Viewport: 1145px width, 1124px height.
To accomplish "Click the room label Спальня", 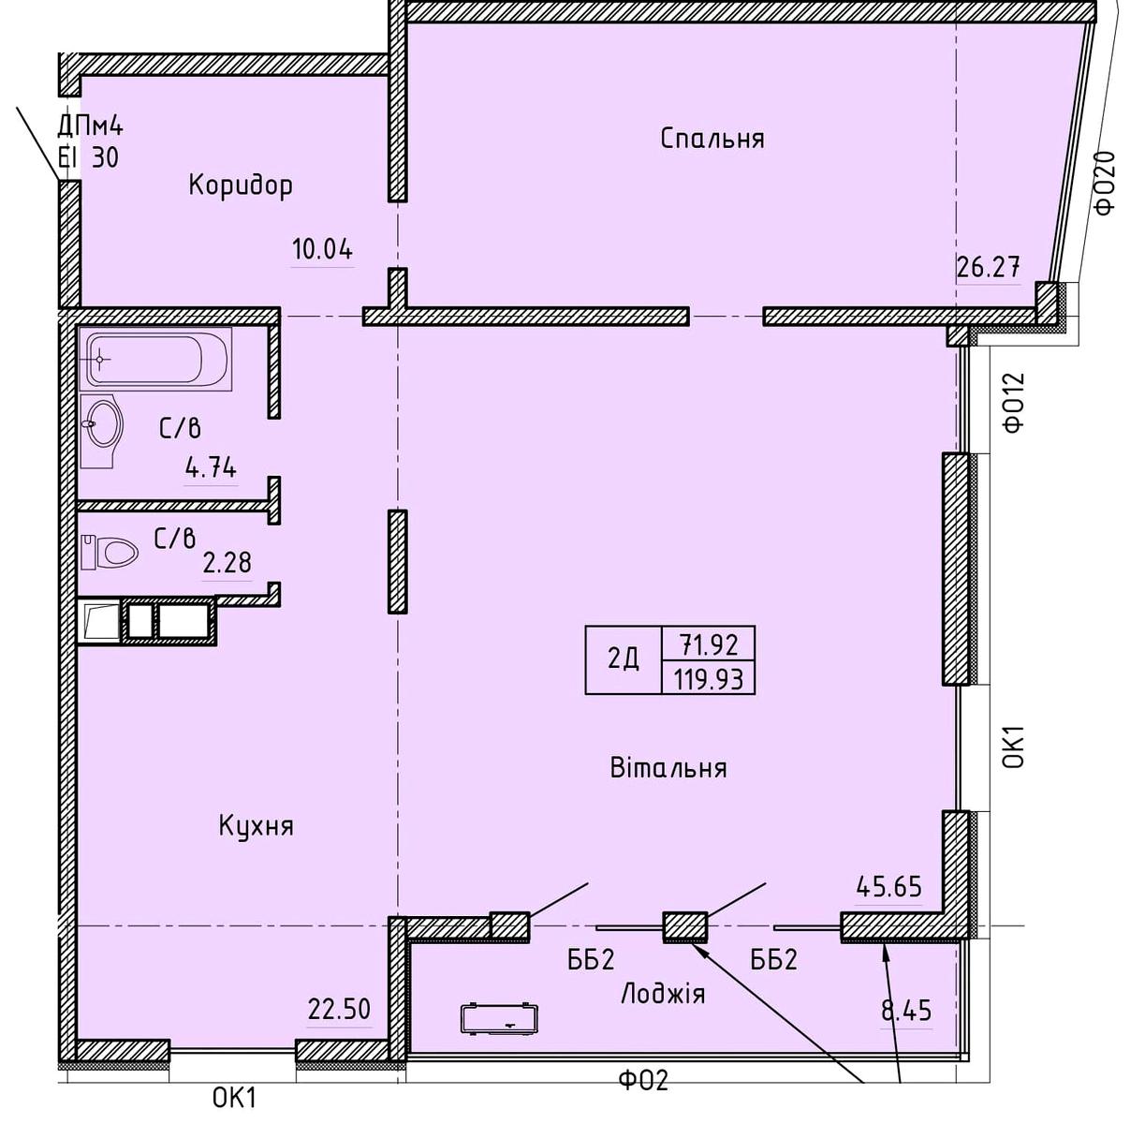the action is (x=712, y=139).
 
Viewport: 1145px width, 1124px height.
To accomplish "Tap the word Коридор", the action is (x=241, y=185).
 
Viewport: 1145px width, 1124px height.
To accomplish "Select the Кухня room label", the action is (x=257, y=827).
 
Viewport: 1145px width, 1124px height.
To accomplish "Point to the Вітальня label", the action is (x=668, y=768).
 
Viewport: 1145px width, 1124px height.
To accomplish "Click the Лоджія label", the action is (x=663, y=994).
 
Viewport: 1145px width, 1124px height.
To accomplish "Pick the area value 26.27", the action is (x=988, y=267).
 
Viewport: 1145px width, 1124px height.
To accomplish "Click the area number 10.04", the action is (x=323, y=249).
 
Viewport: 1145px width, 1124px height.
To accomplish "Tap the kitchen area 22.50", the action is (x=339, y=1009).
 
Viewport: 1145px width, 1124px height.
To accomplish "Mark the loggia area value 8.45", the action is (x=906, y=1011).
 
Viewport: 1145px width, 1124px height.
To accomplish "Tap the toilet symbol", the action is (x=110, y=553).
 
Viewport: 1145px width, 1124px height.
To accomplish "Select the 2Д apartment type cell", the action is (x=624, y=659).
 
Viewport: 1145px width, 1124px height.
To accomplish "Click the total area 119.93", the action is (x=709, y=678).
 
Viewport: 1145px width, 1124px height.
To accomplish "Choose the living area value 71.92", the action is (x=709, y=644).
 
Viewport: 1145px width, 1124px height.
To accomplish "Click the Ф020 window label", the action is (x=1105, y=183).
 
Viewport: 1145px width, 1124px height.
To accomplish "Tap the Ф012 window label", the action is (x=1014, y=402).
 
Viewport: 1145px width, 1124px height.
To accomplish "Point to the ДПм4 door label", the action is (x=90, y=126).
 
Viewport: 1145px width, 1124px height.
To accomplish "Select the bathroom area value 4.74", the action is (x=211, y=468).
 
